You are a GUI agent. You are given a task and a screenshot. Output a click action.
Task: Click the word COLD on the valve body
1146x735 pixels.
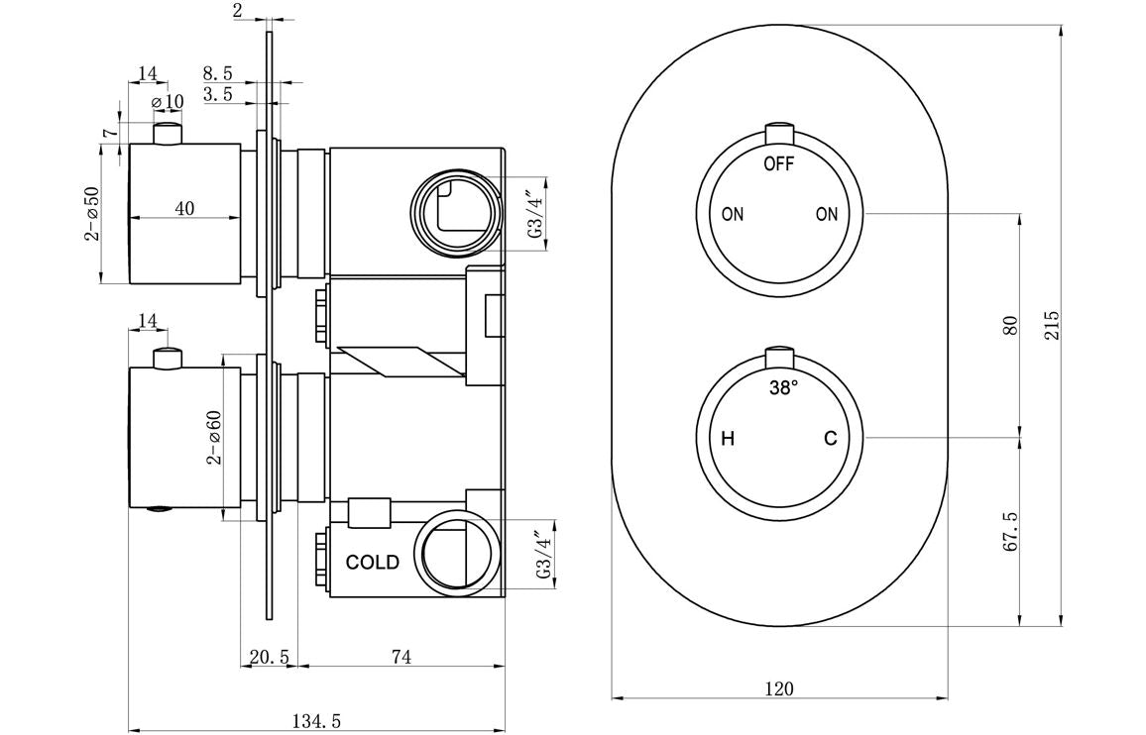[x=373, y=563]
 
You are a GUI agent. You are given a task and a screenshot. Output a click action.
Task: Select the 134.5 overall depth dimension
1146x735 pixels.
[x=316, y=722]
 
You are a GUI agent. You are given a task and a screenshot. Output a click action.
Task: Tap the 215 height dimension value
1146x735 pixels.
[x=1052, y=326]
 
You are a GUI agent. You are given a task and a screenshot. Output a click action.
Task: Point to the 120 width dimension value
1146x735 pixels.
[x=779, y=688]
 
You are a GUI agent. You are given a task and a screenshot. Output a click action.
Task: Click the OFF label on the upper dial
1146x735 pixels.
[x=778, y=164]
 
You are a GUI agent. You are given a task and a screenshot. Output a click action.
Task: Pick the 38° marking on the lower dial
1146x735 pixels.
[x=783, y=389]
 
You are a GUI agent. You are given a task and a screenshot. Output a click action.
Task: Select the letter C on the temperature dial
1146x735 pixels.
[x=831, y=439]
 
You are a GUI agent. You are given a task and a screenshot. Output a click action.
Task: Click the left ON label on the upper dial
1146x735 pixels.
[x=733, y=214]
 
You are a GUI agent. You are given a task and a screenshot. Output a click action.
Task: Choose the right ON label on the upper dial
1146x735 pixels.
[x=827, y=214]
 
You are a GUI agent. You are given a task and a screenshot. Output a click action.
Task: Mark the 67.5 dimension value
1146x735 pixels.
[x=1010, y=533]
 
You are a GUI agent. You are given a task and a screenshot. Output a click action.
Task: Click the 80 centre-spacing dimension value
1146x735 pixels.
[x=1010, y=326]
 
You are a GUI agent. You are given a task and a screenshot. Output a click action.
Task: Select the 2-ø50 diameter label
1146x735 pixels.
[x=91, y=213]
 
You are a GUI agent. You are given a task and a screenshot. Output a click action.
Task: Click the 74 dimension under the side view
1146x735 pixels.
[x=401, y=657]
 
